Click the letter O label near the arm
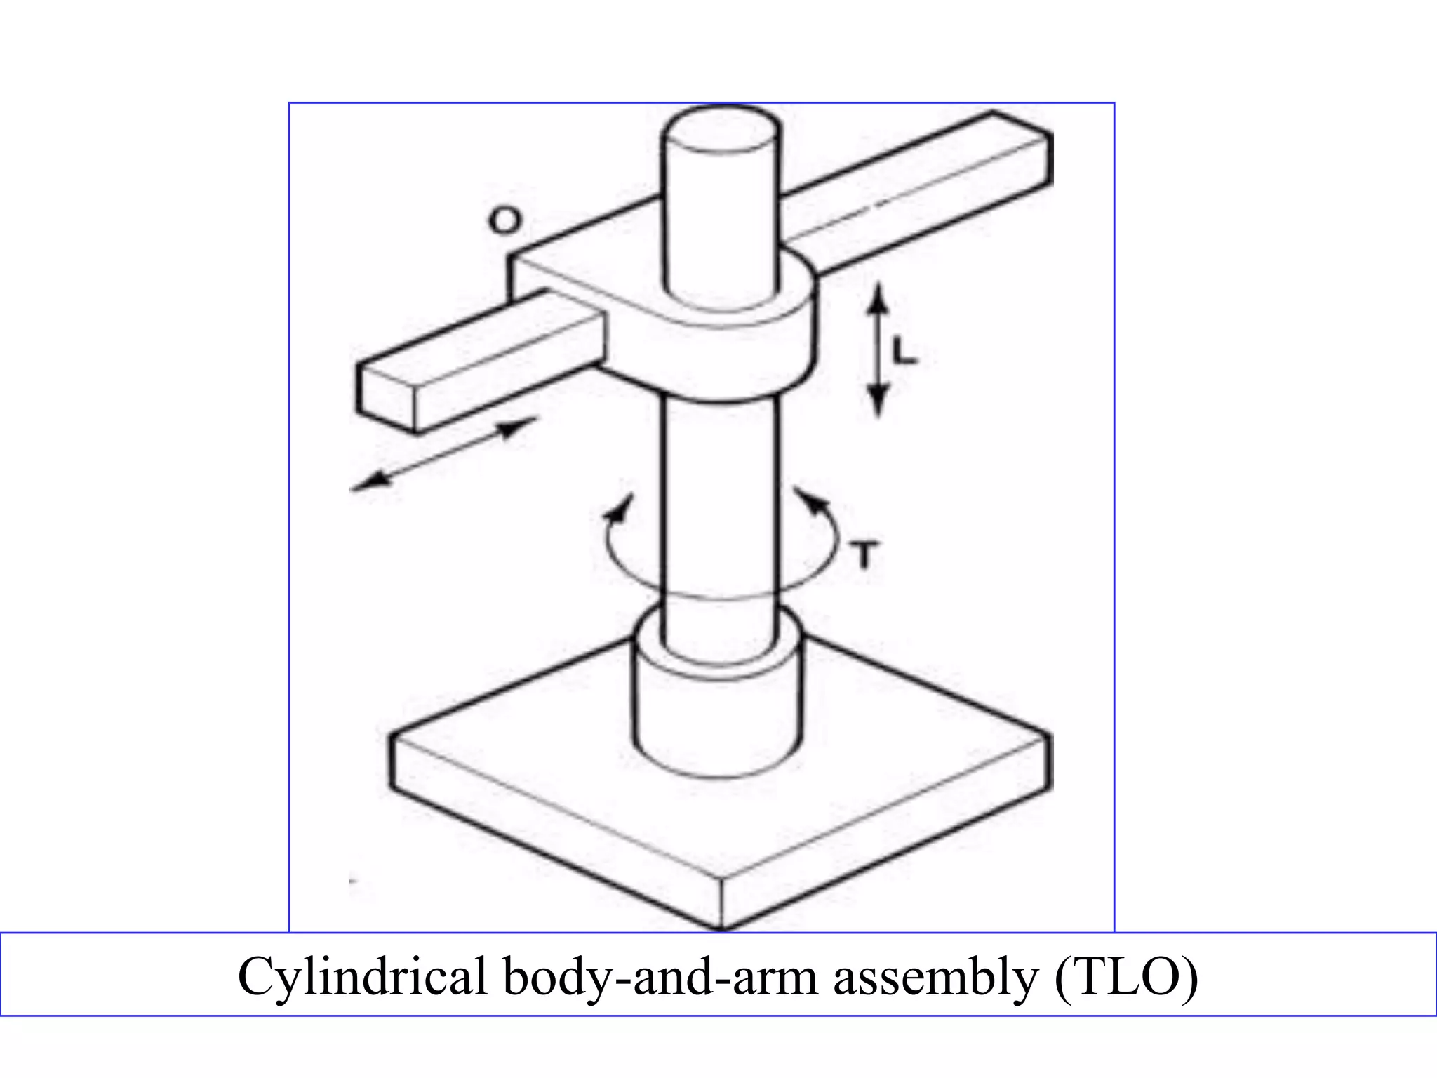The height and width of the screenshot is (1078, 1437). pyautogui.click(x=504, y=221)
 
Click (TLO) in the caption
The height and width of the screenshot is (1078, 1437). pyautogui.click(x=1125, y=976)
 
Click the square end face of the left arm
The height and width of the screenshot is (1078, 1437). pyautogui.click(x=387, y=397)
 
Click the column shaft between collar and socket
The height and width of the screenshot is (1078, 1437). pyautogui.click(x=721, y=505)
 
